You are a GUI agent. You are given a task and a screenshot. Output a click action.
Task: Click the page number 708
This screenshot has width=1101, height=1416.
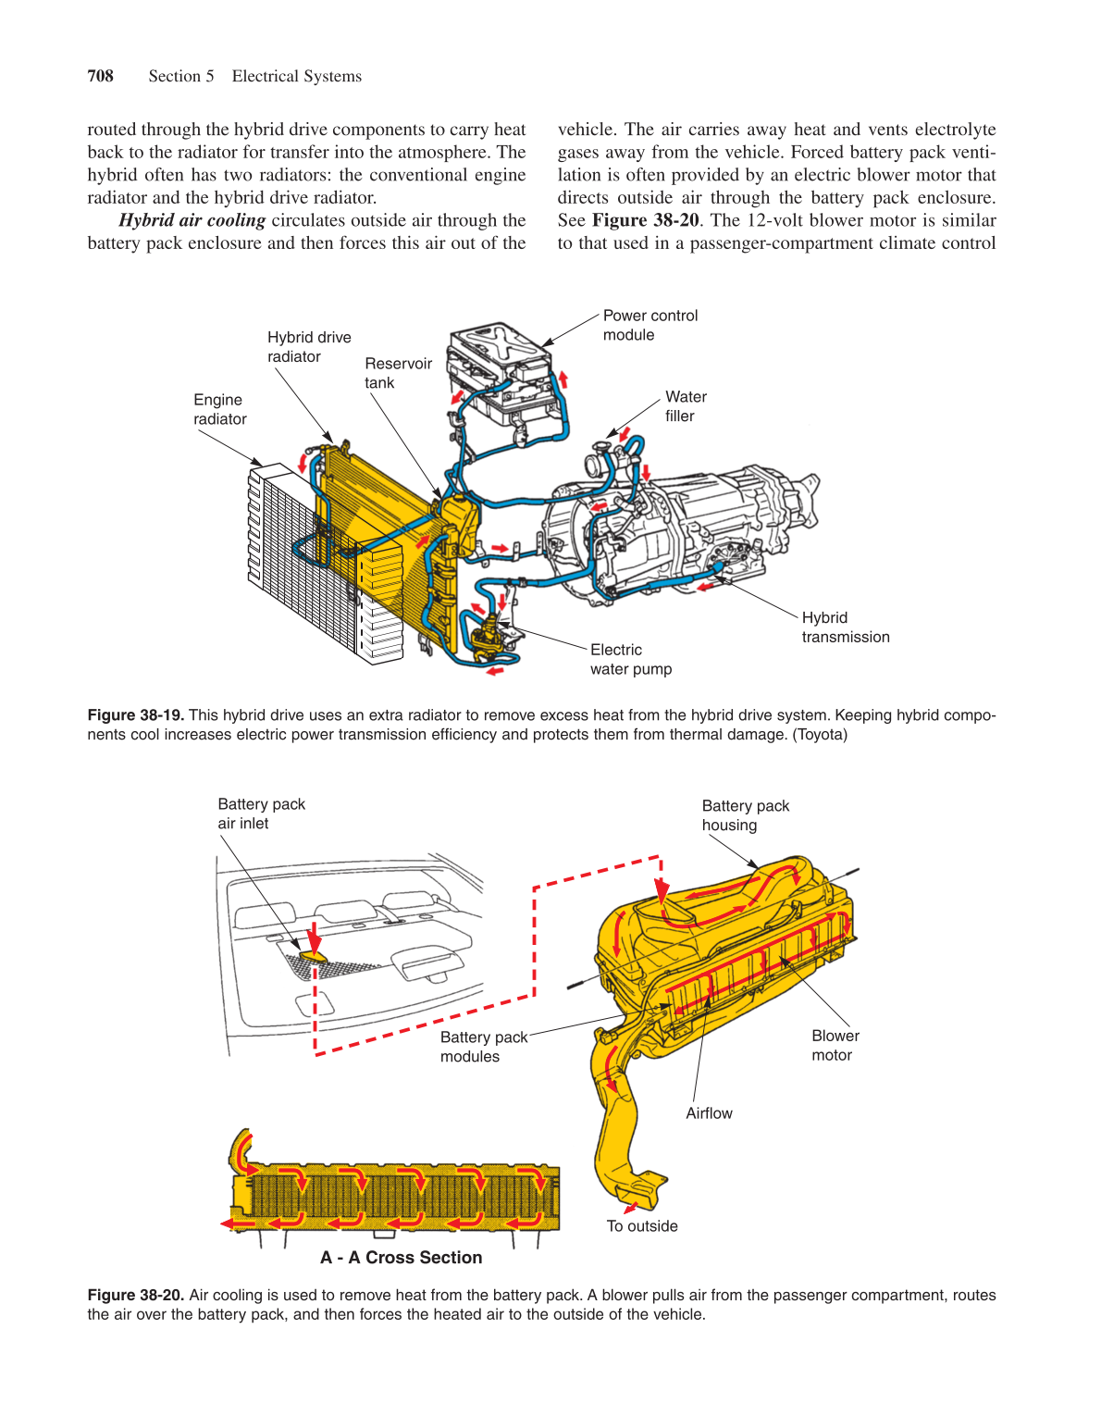click(100, 76)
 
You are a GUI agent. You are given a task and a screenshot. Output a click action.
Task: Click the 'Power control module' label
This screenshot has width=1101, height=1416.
click(649, 325)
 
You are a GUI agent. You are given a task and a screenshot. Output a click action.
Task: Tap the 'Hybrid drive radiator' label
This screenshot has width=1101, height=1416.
click(309, 347)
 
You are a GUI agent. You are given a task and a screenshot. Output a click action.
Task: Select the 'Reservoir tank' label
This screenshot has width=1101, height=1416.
click(398, 373)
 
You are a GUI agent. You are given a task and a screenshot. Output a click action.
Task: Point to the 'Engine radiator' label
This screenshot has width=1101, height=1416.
click(219, 409)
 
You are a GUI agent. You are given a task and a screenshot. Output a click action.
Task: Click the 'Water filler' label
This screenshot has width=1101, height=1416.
click(685, 406)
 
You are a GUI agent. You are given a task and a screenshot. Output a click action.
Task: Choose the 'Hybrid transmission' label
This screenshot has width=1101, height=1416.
click(845, 627)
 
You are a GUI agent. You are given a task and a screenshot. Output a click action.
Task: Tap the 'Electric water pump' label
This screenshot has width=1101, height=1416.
click(630, 660)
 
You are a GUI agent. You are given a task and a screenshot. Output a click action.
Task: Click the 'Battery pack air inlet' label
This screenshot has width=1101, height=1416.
click(261, 814)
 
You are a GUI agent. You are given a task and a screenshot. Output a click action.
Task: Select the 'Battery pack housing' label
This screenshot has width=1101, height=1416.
click(745, 815)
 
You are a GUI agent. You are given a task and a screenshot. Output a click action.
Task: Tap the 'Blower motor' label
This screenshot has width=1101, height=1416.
click(835, 1046)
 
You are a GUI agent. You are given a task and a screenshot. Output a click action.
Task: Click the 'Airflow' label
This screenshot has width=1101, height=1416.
click(709, 1113)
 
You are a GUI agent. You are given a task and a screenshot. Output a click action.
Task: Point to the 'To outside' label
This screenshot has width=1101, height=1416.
click(642, 1226)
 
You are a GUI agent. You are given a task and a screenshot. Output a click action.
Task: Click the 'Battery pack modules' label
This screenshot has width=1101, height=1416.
click(483, 1047)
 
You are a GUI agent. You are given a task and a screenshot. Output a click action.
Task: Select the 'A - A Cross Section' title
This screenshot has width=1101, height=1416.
click(401, 1258)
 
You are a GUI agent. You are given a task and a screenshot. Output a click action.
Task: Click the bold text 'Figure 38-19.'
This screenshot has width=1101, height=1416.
click(135, 715)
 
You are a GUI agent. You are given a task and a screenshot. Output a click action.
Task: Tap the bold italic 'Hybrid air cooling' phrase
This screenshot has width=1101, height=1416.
click(192, 220)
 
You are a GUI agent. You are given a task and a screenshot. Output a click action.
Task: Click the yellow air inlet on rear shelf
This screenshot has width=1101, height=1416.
click(312, 952)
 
